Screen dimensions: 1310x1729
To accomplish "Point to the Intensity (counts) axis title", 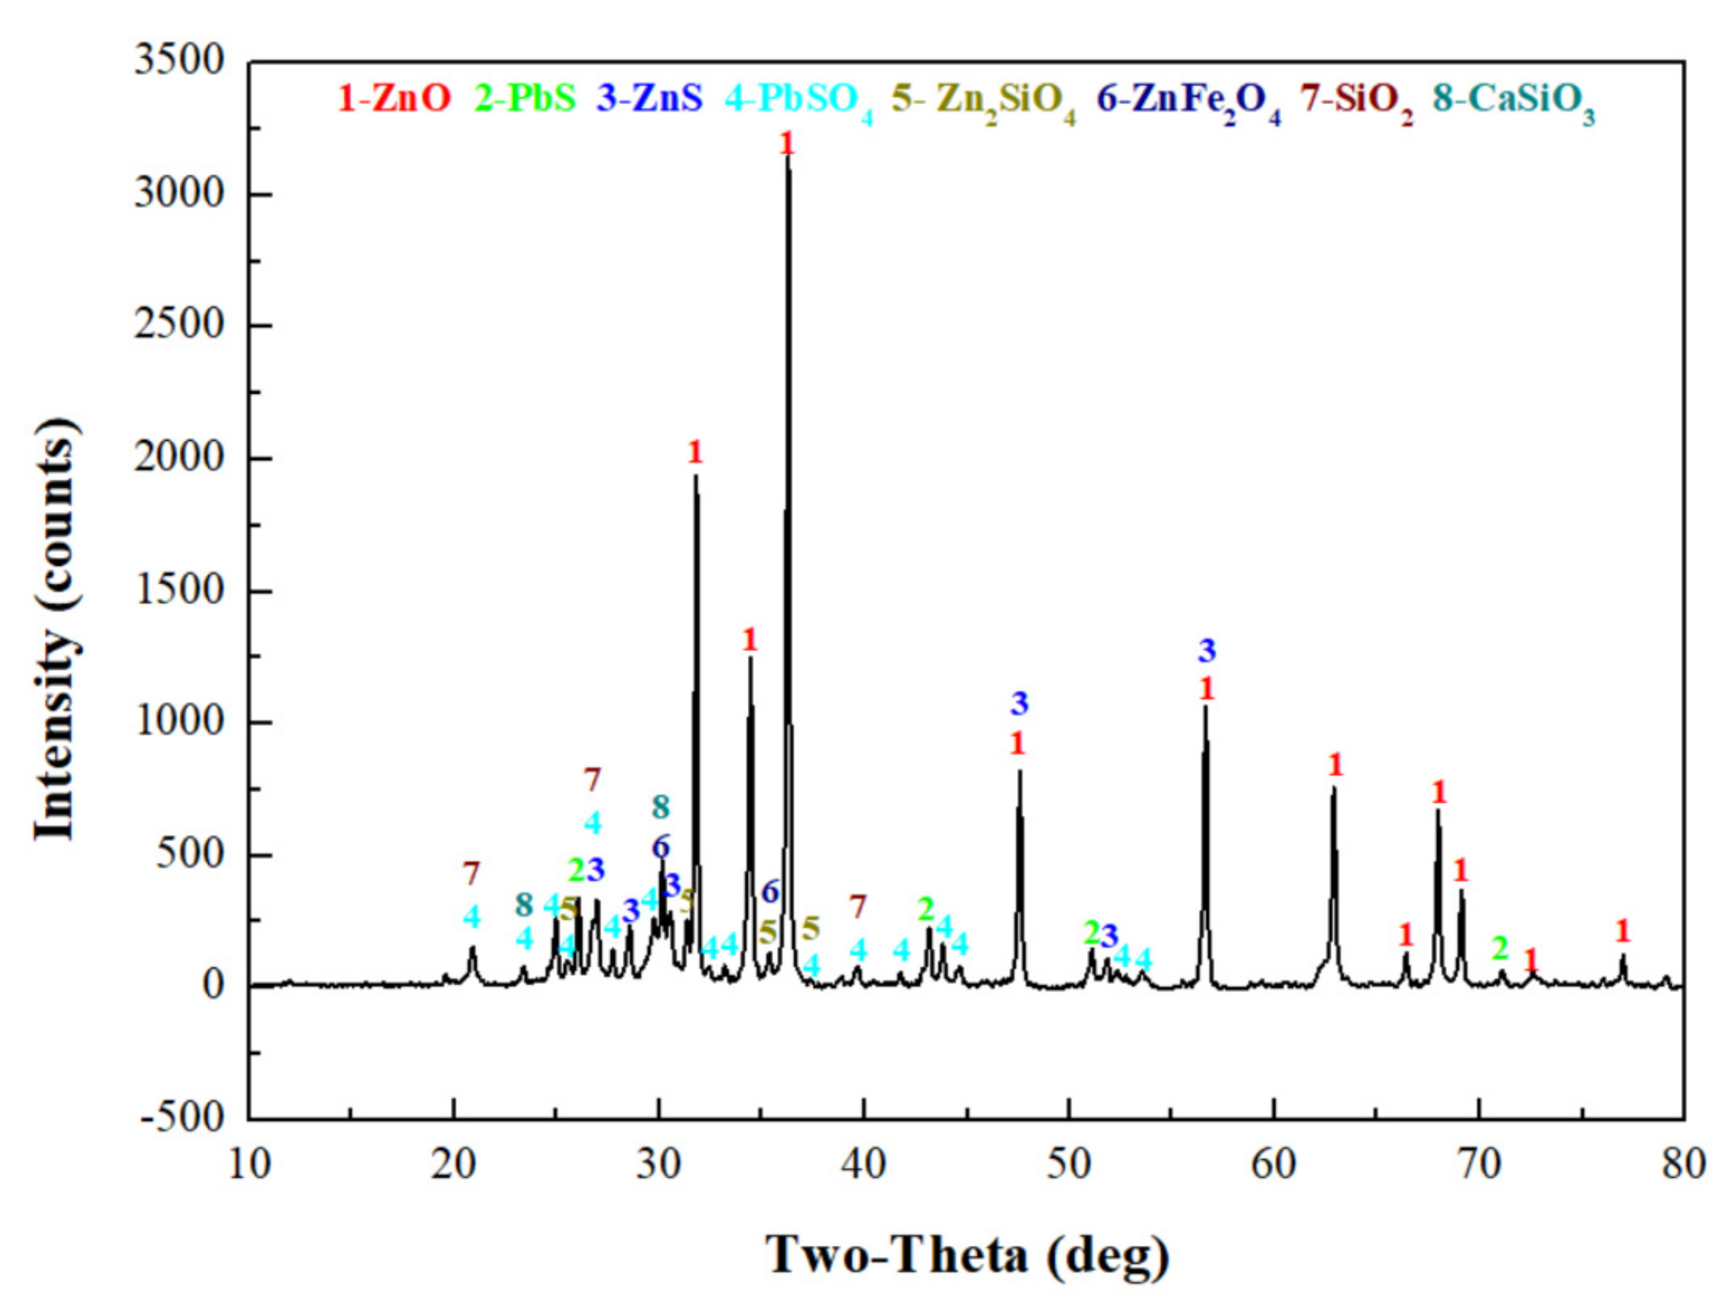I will click(57, 630).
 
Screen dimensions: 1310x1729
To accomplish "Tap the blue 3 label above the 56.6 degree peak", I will click(1207, 650).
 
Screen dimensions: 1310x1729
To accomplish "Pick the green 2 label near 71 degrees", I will click(1500, 948).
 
